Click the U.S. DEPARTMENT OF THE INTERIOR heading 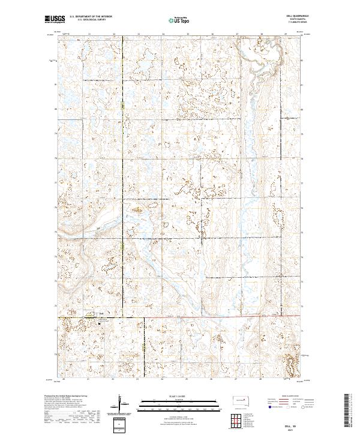(x=91, y=16)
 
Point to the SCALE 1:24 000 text (x=172, y=397)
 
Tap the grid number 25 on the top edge (x=188, y=34)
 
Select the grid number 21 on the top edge (x=89, y=34)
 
